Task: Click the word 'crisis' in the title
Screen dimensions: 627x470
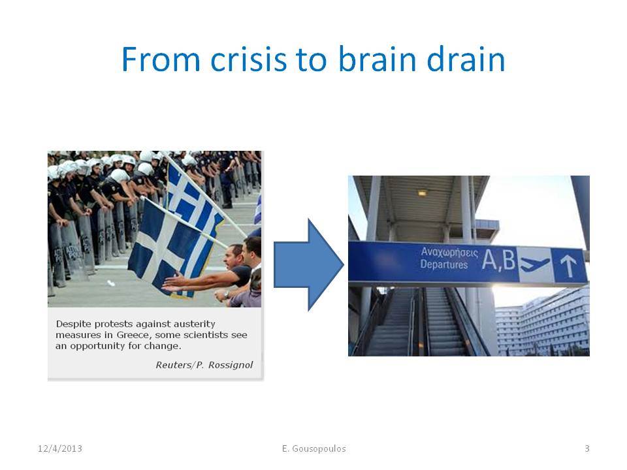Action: tap(249, 59)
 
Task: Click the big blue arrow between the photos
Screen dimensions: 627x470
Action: tap(309, 264)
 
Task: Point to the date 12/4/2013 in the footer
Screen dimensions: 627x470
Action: tap(60, 448)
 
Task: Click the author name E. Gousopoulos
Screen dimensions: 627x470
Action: tap(314, 448)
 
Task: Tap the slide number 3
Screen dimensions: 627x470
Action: tap(587, 448)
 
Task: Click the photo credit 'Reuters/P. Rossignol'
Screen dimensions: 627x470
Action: tap(204, 365)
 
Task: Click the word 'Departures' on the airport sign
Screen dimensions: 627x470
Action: tap(444, 264)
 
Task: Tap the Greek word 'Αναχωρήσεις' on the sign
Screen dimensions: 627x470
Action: tap(449, 252)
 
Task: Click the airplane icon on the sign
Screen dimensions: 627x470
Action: tap(535, 264)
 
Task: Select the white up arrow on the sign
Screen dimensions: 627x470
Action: tap(568, 266)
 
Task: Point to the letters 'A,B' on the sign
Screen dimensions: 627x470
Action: tap(499, 260)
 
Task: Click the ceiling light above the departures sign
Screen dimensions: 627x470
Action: tap(423, 193)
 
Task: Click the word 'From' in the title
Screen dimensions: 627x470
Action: tap(161, 59)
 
